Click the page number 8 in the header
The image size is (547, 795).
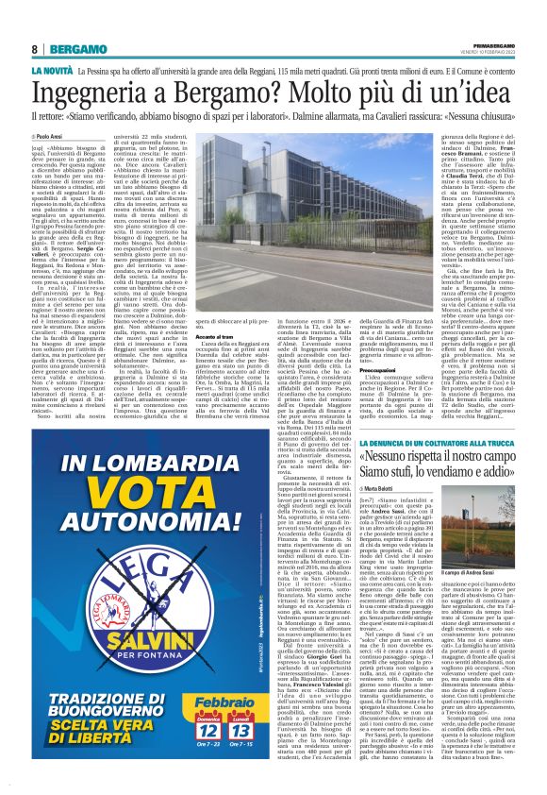point(35,48)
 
